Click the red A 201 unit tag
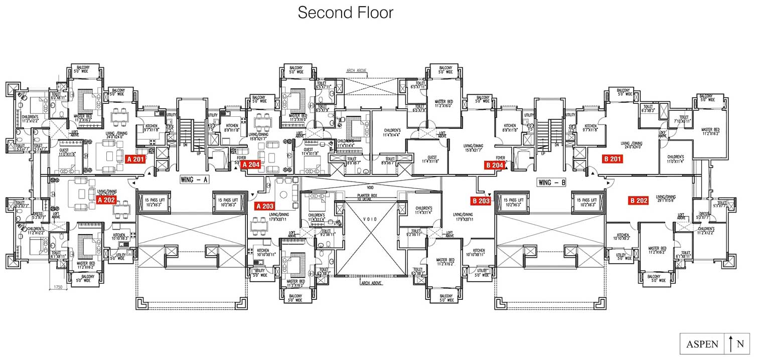pyautogui.click(x=135, y=159)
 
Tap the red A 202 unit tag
pyautogui.click(x=106, y=199)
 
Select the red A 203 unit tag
pyautogui.click(x=264, y=206)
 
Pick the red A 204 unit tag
pyautogui.click(x=250, y=164)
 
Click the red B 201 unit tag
pyautogui.click(x=612, y=159)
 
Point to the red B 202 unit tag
pyautogui.click(x=639, y=201)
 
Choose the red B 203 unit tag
pyautogui.click(x=481, y=201)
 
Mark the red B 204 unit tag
pyautogui.click(x=494, y=165)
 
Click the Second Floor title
pyautogui.click(x=345, y=13)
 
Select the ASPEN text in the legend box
pyautogui.click(x=702, y=344)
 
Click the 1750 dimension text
pyautogui.click(x=58, y=287)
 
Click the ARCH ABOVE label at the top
pyautogui.click(x=357, y=71)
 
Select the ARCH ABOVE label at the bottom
pyautogui.click(x=371, y=283)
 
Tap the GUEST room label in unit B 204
pyautogui.click(x=429, y=158)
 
